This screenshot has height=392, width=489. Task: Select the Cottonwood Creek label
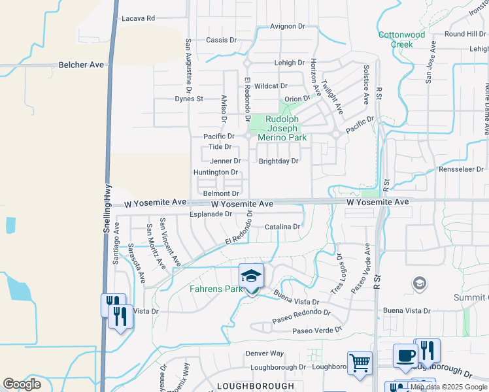coord(401,39)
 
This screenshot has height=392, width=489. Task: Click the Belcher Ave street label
coord(82,65)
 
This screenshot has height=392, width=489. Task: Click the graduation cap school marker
coord(251,277)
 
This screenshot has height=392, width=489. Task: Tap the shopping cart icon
coord(360,364)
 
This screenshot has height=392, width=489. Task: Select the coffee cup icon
coord(405,356)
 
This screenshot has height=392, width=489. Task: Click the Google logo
coord(22,384)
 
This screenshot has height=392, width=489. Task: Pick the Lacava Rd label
coord(138,19)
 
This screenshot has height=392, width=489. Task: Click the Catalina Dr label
coord(282,227)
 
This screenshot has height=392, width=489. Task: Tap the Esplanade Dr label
coord(211,214)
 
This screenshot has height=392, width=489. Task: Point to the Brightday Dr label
coord(278,161)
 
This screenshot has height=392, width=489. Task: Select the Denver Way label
coord(264,353)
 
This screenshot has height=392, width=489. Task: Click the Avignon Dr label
coord(288,26)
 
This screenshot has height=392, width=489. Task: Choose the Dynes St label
coord(190,99)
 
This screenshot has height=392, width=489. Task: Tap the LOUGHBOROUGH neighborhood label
coord(256,386)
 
